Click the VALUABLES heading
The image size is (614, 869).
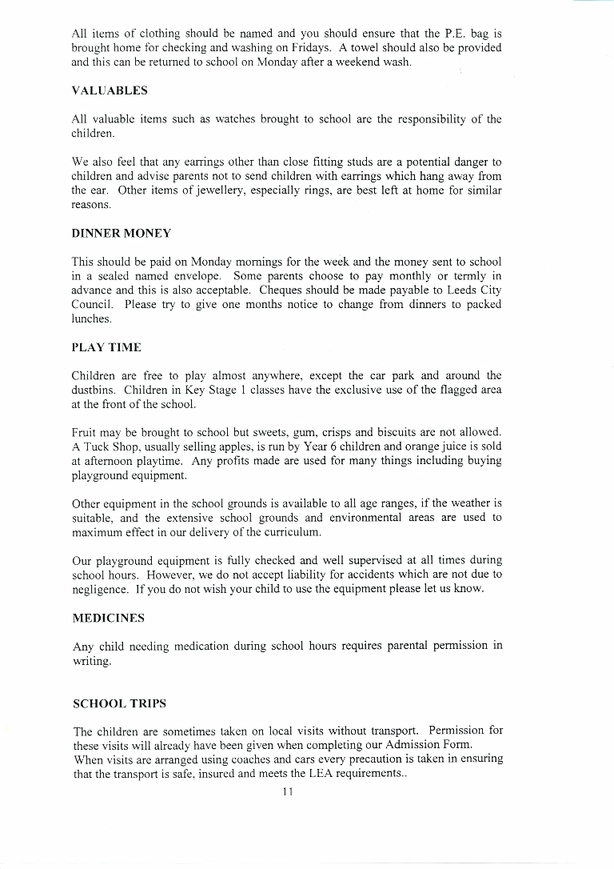pyautogui.click(x=110, y=90)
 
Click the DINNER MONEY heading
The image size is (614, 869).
pyautogui.click(x=122, y=233)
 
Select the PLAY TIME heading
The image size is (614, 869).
pyautogui.click(x=106, y=347)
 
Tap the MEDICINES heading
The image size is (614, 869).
pyautogui.click(x=109, y=619)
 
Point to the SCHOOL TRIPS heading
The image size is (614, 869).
pyautogui.click(x=120, y=704)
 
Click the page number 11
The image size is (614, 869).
pyautogui.click(x=288, y=792)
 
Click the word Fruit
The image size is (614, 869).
pyautogui.click(x=85, y=432)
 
